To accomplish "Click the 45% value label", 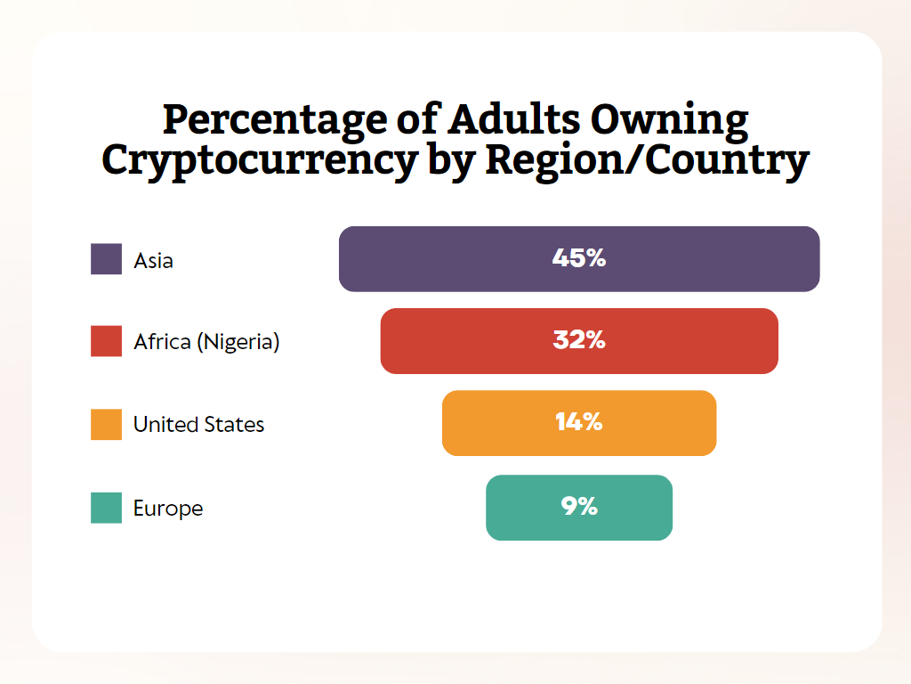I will coord(579,259).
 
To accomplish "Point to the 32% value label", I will coord(579,341).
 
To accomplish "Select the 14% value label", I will coord(579,423).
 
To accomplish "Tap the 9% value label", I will coord(579,508).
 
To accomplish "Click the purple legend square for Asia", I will coord(106,259).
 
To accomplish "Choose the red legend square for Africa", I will coord(106,341).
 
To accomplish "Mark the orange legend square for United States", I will coord(106,424).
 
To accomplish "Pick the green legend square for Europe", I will coord(106,508).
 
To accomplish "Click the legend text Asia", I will coord(153,261).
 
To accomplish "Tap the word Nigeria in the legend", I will coord(242,342).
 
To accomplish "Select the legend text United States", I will coord(198,425).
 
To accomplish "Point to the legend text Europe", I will coord(168,509).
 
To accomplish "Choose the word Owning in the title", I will coord(676,121).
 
